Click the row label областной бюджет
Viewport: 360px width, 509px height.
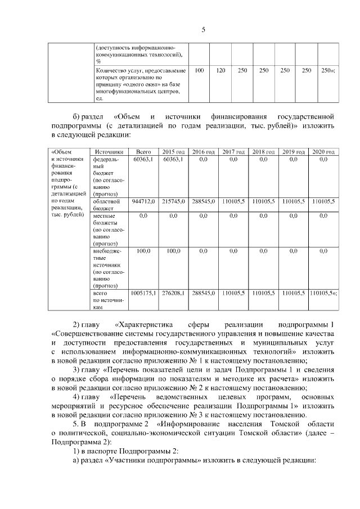coord(106,204)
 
